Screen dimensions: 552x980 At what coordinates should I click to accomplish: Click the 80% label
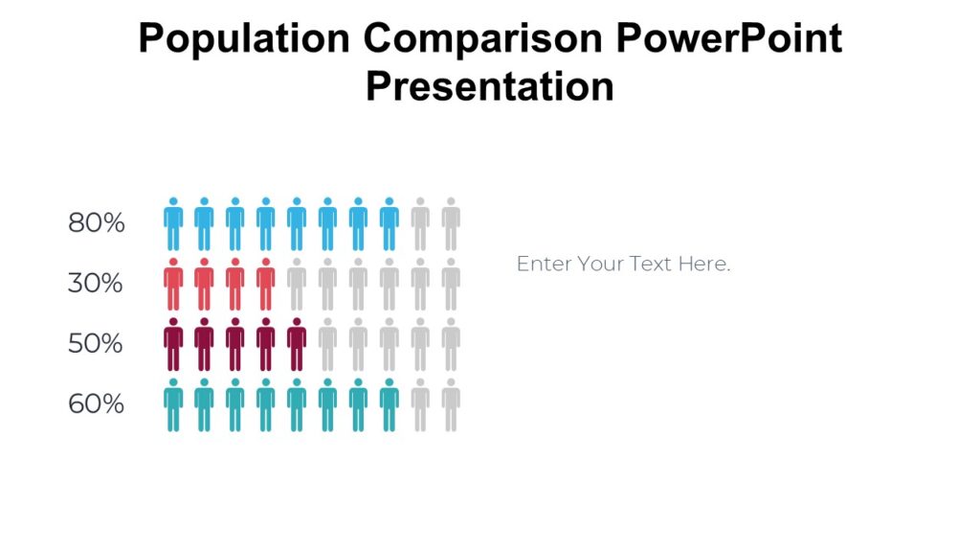[97, 223]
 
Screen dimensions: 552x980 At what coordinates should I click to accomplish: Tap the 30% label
[96, 284]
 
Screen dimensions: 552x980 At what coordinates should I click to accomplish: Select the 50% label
[96, 343]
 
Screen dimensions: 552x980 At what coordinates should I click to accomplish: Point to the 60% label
[97, 403]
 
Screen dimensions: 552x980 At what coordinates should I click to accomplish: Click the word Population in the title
[244, 39]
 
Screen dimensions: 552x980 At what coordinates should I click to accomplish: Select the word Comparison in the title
[486, 39]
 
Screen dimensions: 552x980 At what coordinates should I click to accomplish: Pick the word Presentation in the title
[489, 86]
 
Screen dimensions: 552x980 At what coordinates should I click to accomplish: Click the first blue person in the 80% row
[173, 224]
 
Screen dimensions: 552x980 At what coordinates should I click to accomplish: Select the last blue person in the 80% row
[389, 224]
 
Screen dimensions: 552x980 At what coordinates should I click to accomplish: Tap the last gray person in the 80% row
[451, 224]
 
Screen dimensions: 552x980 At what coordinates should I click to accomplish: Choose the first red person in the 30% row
[173, 285]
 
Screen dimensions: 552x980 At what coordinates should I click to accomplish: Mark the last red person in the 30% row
[266, 285]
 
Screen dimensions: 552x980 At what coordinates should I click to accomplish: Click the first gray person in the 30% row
[297, 285]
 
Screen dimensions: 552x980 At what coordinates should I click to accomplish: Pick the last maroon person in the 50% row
[297, 345]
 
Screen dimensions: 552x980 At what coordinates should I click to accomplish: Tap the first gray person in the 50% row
[327, 345]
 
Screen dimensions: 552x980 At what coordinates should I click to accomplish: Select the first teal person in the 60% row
[173, 405]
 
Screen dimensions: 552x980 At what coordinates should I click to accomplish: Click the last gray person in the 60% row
[451, 405]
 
